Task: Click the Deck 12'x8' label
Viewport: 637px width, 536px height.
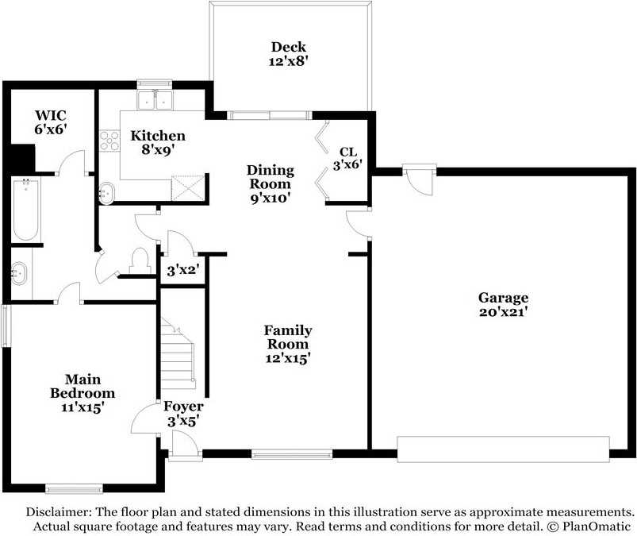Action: pyautogui.click(x=288, y=53)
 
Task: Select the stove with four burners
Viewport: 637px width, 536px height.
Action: pyautogui.click(x=109, y=141)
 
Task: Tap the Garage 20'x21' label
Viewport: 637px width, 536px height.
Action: pyautogui.click(x=502, y=305)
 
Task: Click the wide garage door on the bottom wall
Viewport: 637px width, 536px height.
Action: pyautogui.click(x=503, y=449)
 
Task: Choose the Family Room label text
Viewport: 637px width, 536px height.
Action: pyautogui.click(x=287, y=337)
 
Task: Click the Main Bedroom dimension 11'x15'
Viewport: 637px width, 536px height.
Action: pyautogui.click(x=82, y=407)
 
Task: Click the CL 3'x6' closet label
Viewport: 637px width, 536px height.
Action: pyautogui.click(x=350, y=158)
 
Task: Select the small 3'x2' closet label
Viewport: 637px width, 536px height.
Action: pyautogui.click(x=182, y=269)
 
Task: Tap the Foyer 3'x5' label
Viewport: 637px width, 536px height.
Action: pyautogui.click(x=183, y=414)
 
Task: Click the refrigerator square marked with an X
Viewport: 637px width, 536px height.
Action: pyautogui.click(x=189, y=189)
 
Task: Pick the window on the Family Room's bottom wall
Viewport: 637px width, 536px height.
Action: pyautogui.click(x=292, y=454)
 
